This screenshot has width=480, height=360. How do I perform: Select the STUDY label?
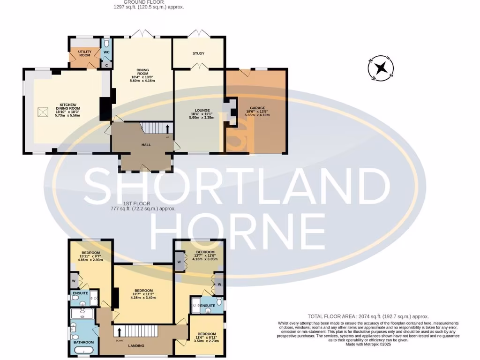click(x=198, y=53)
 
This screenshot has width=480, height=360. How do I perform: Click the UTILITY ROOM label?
click(x=85, y=53)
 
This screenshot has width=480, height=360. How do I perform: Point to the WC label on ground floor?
click(x=106, y=52)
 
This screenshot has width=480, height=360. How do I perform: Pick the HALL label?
click(x=146, y=145)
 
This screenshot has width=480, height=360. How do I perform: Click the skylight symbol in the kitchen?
click(x=43, y=112)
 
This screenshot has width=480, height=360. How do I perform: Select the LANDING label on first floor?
click(x=136, y=346)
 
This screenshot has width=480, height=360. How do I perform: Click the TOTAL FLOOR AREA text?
click(x=368, y=316)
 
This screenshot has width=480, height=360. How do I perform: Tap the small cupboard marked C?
click(x=106, y=65)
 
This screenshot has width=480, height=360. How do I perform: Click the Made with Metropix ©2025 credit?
click(x=368, y=345)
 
